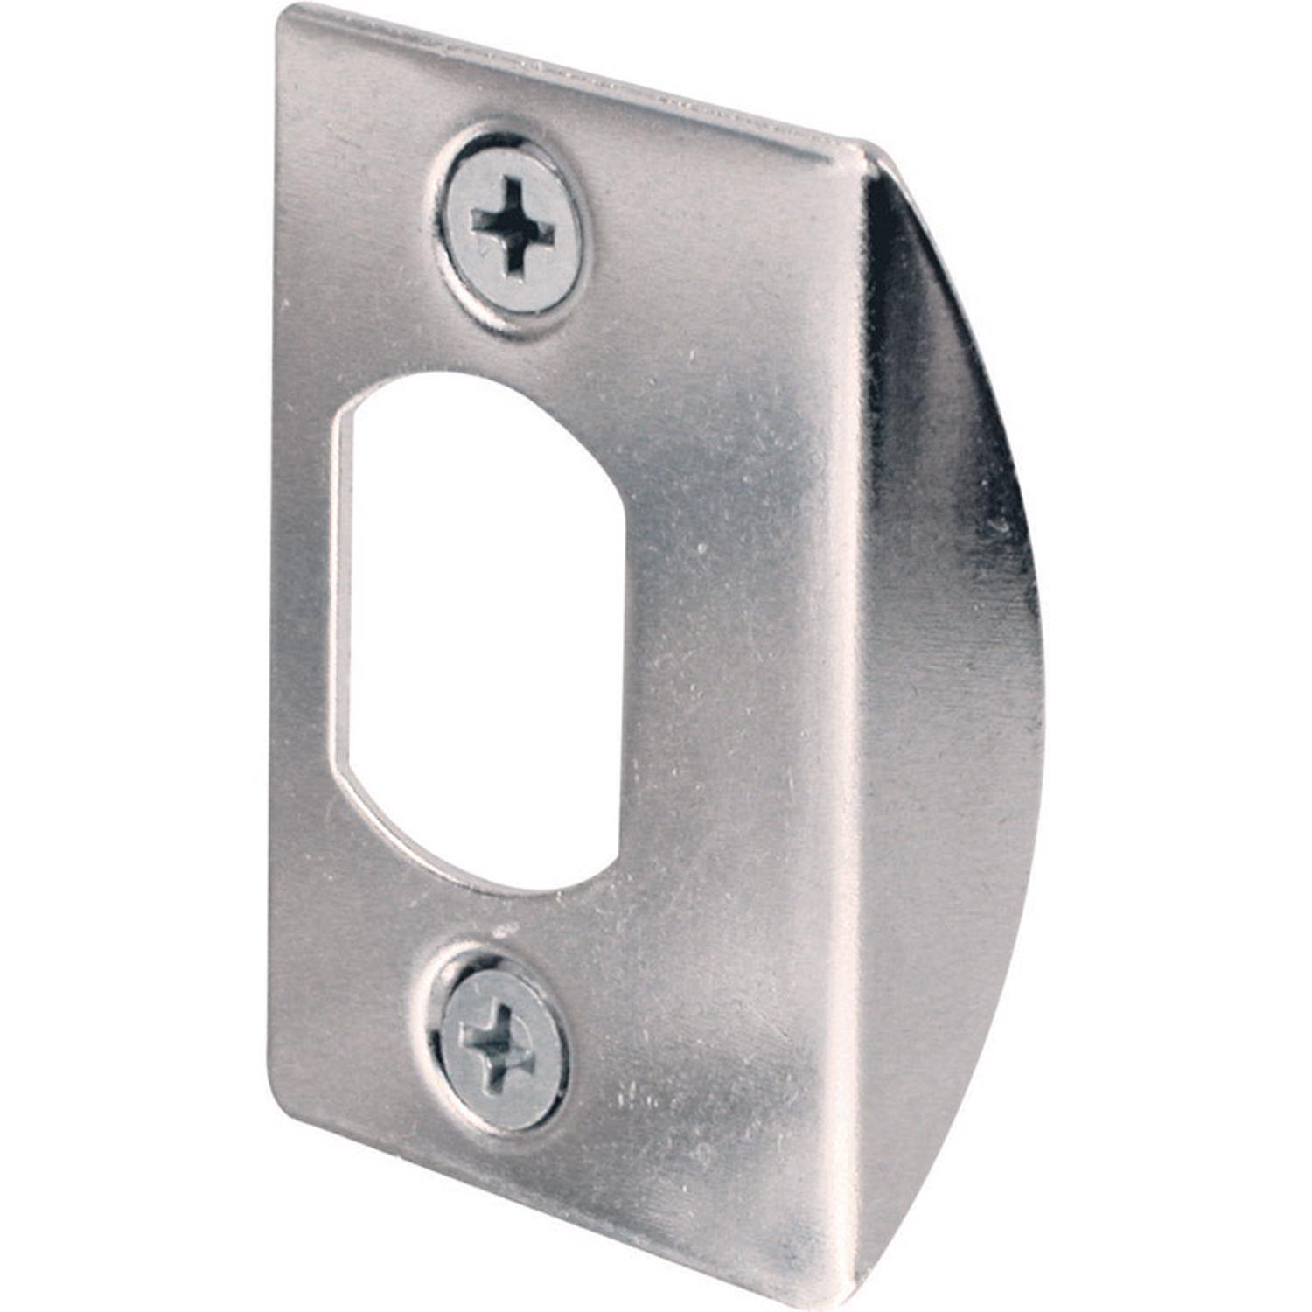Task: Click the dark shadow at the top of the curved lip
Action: click(901, 236)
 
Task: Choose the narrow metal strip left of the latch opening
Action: click(302, 612)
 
